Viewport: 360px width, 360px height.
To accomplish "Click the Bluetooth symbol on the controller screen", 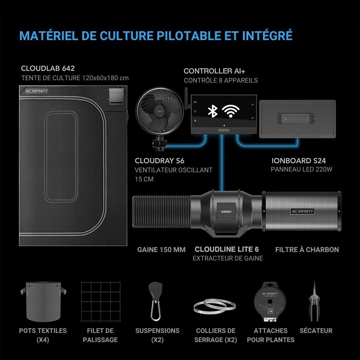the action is (x=212, y=111).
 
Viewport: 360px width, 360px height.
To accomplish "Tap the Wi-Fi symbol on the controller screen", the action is (x=231, y=111).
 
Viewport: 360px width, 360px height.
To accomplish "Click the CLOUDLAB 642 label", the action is (x=48, y=68).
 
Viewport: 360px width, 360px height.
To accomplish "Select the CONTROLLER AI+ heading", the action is (x=214, y=71).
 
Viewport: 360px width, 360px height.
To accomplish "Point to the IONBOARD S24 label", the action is (x=299, y=161).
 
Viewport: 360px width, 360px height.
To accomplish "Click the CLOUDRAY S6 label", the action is (x=160, y=161).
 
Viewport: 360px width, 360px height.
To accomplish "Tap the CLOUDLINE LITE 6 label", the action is (x=227, y=249).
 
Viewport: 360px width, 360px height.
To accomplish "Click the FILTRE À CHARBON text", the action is (x=307, y=250).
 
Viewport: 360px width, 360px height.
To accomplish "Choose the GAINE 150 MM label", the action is (x=161, y=250).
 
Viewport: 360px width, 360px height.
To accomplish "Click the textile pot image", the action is (x=43, y=301).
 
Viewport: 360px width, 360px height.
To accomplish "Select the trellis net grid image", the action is (x=101, y=302).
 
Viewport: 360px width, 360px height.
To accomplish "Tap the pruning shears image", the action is (x=314, y=301).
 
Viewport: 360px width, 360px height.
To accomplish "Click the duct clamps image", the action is (x=215, y=306).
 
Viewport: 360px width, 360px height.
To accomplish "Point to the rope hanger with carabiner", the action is (x=155, y=301).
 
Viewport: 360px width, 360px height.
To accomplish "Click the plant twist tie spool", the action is (x=270, y=302).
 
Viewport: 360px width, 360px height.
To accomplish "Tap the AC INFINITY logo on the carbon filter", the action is (x=302, y=211).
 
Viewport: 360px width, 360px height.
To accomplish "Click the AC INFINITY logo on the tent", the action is (x=37, y=91).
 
